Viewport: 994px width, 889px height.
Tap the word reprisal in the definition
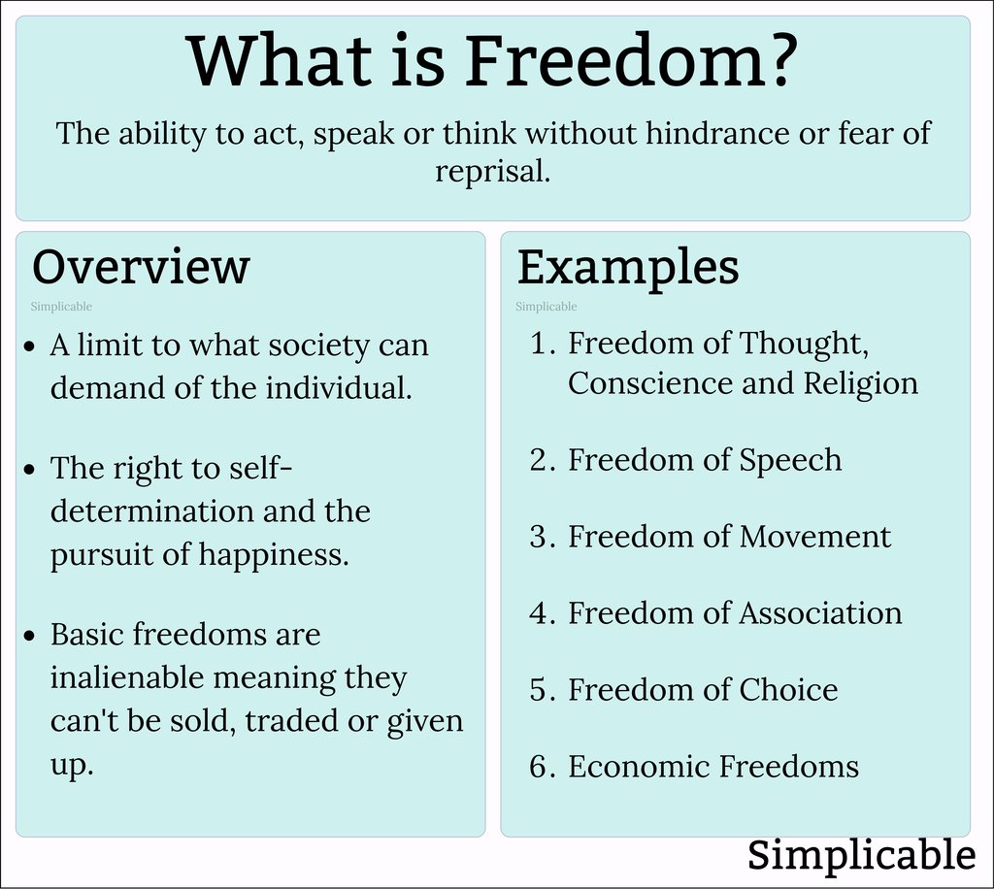(x=492, y=172)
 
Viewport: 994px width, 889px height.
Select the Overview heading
(x=141, y=267)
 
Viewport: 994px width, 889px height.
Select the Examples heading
(x=628, y=267)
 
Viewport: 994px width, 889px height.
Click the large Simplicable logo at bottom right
(x=861, y=855)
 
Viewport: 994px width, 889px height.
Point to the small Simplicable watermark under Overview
(x=61, y=307)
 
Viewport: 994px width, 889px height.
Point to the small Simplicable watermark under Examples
(x=547, y=307)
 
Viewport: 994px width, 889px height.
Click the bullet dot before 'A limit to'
(x=32, y=346)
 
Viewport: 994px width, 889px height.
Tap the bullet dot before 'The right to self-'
(x=32, y=469)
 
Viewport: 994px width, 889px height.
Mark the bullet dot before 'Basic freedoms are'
(x=32, y=636)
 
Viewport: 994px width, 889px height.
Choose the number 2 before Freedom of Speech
(x=540, y=460)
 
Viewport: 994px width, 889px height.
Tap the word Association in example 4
(x=820, y=613)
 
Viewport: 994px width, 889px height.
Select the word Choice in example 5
(x=788, y=690)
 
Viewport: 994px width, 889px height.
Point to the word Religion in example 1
(x=860, y=383)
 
